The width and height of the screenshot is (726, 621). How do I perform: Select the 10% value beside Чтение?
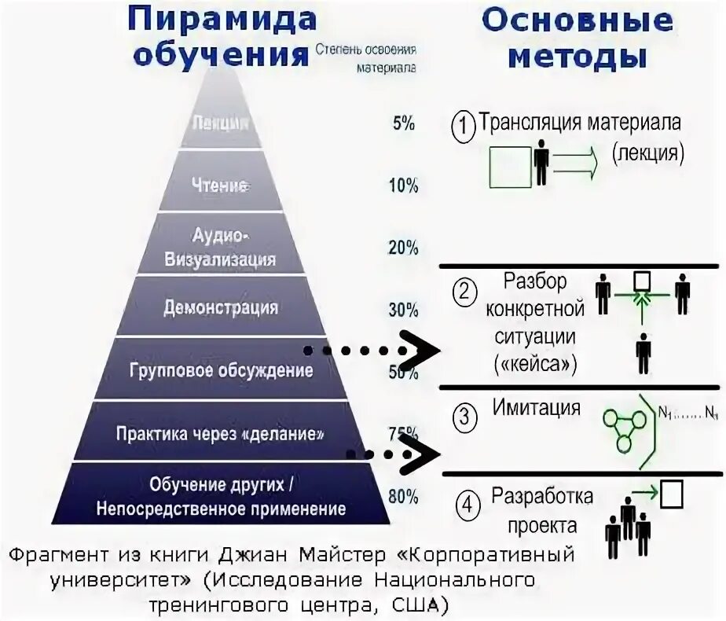pyautogui.click(x=402, y=186)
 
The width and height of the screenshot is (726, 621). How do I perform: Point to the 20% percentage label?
pyautogui.click(x=402, y=248)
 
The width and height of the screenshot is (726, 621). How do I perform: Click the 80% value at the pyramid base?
pyautogui.click(x=403, y=496)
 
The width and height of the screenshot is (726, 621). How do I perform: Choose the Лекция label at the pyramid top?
pyautogui.click(x=220, y=123)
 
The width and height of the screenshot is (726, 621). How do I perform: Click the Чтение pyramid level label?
pyautogui.click(x=220, y=186)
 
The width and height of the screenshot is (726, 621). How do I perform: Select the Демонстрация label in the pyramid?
pyautogui.click(x=221, y=307)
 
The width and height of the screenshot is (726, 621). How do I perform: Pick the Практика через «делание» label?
pyautogui.click(x=220, y=433)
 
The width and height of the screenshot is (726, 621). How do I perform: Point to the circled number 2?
pyautogui.click(x=464, y=293)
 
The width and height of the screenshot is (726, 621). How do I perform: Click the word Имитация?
pyautogui.click(x=537, y=408)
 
